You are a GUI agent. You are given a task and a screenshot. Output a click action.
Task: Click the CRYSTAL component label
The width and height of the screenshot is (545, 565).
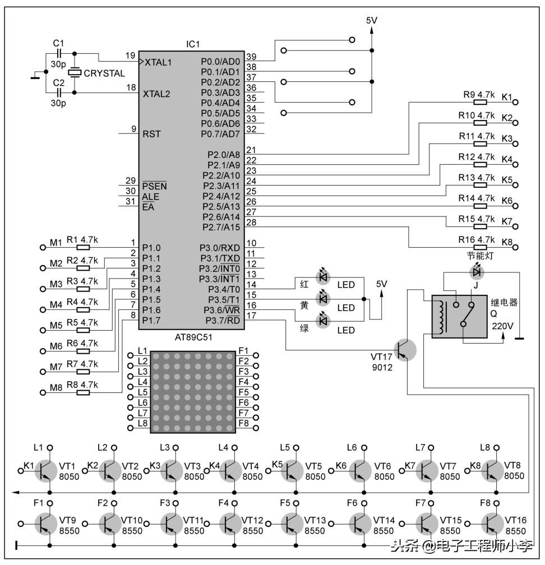[x=104, y=73]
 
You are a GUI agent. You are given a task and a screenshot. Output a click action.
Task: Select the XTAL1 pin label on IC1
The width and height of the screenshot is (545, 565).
[x=158, y=62]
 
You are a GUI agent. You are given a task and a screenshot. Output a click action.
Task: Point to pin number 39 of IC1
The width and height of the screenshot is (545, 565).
[x=251, y=57]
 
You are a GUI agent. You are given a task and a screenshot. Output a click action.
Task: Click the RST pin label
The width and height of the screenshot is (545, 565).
[x=151, y=134]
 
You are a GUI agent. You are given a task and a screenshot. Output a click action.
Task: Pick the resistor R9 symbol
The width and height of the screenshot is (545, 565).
[x=481, y=102]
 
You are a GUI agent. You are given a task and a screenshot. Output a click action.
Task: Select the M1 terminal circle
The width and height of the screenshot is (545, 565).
[x=42, y=247]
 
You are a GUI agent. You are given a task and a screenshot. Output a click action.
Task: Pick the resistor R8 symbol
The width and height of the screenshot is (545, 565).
[x=83, y=392]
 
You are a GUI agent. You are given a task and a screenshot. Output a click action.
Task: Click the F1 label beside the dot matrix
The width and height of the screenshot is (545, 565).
[x=243, y=351]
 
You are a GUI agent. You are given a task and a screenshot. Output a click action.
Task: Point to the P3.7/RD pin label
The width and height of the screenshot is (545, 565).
[x=223, y=320]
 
